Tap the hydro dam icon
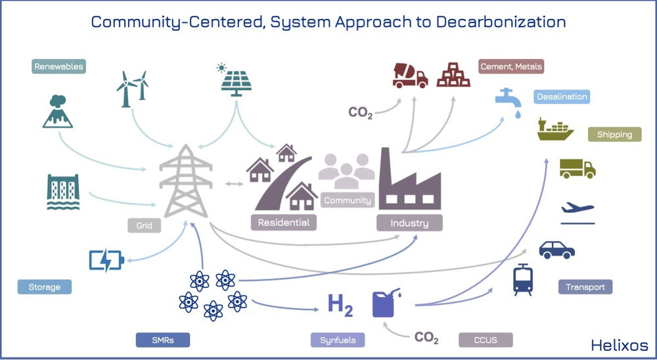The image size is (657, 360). click(x=63, y=192)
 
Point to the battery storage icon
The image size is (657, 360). click(x=106, y=261)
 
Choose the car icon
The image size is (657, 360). click(x=556, y=250)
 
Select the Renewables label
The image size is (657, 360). click(x=59, y=66)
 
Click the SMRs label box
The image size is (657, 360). click(x=162, y=340)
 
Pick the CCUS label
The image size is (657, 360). click(x=486, y=340)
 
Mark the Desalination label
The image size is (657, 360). click(x=561, y=97)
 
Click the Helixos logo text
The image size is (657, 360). click(x=619, y=345)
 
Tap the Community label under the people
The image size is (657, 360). click(x=348, y=201)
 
